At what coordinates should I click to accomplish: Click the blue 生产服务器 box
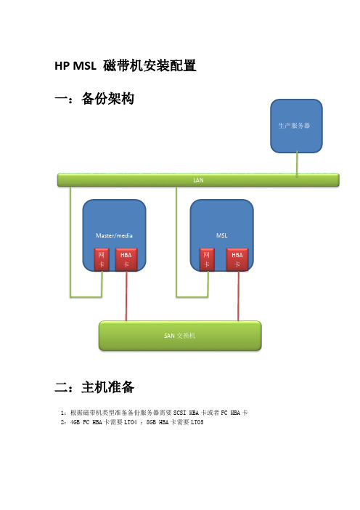[x=296, y=126]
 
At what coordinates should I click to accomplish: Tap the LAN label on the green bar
[x=198, y=180]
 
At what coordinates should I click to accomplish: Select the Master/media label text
[x=114, y=235]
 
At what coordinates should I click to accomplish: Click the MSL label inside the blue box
[x=221, y=235]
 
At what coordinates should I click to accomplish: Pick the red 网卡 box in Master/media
[x=102, y=259]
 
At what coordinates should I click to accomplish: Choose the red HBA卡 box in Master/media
[x=126, y=259]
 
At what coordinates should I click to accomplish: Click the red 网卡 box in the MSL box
[x=207, y=259]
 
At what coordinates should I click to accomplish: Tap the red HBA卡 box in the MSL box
[x=237, y=259]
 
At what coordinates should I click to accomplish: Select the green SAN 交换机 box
[x=180, y=336]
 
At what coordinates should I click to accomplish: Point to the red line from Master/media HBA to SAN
[x=126, y=296]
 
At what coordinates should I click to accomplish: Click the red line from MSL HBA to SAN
[x=238, y=296]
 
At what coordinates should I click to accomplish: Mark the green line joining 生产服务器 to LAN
[x=297, y=163]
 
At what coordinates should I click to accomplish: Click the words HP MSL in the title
[x=75, y=66]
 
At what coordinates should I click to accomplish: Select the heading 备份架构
[x=107, y=99]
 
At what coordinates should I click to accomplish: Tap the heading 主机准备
[x=107, y=387]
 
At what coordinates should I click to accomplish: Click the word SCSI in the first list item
[x=180, y=413]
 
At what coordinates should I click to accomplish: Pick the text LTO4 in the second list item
[x=131, y=422]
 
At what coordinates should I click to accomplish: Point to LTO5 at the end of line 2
[x=197, y=422]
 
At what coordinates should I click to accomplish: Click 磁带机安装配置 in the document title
[x=150, y=65]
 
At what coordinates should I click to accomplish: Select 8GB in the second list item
[x=151, y=422]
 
